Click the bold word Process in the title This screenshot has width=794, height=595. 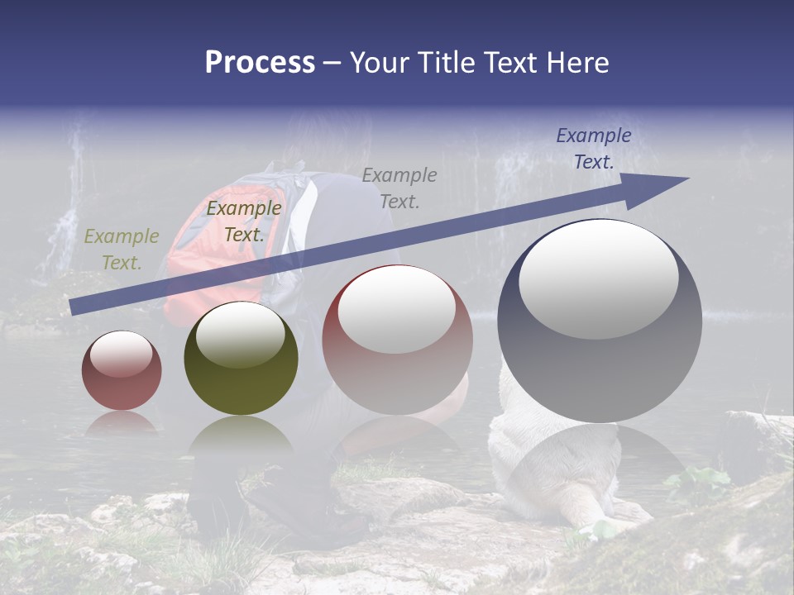coord(260,63)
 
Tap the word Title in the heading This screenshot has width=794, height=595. coord(446,63)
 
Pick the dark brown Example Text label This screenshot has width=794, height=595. coord(244,221)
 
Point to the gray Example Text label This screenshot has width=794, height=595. coord(399,188)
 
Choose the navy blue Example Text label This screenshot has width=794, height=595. coord(593,149)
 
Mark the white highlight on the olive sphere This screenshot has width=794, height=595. coord(241,334)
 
